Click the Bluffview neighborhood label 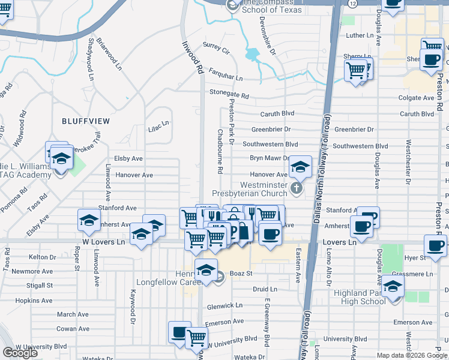click(86, 121)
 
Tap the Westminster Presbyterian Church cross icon click(296, 189)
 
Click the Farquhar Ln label click(225, 78)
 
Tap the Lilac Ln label click(158, 124)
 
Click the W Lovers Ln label click(103, 242)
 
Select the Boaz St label click(238, 274)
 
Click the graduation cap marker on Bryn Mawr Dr click(300, 166)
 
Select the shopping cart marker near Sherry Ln click(356, 70)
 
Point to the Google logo click(20, 353)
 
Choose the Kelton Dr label click(42, 257)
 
